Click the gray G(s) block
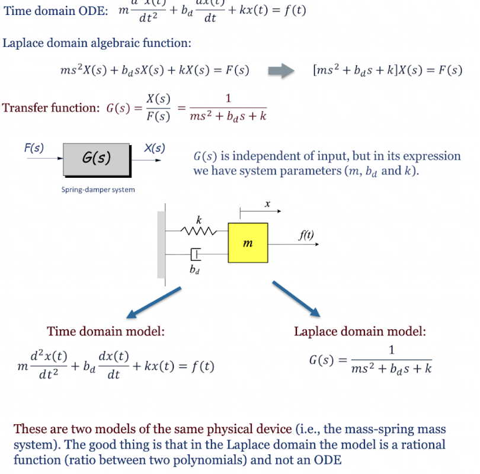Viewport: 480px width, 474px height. [97, 159]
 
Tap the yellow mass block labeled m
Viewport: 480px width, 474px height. [248, 242]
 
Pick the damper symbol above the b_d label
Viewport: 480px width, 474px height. [196, 255]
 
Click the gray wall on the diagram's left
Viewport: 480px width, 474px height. [161, 243]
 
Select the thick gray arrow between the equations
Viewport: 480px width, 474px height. [281, 71]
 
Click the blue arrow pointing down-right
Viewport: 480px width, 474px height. [296, 299]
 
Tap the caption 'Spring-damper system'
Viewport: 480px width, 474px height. [98, 190]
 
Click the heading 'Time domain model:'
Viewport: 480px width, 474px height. [105, 332]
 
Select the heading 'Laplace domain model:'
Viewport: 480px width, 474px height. [360, 332]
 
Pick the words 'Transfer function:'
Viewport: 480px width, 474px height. [51, 108]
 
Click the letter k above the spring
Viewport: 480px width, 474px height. [199, 220]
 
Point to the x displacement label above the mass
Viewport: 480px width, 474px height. [267, 204]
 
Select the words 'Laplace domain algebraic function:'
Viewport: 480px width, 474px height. [97, 43]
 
